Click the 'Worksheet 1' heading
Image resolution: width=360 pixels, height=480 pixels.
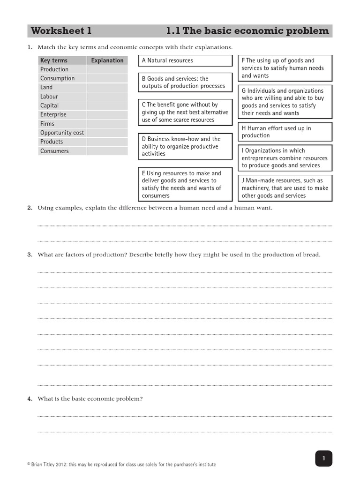tap(61, 31)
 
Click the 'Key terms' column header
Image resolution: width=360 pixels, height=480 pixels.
tap(54, 60)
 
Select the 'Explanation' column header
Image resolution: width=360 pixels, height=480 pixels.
tap(107, 60)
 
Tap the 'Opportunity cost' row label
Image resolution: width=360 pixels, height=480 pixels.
tap(62, 133)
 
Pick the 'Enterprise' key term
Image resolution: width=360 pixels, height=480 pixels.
tap(53, 114)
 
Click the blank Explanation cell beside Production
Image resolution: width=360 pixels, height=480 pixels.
tap(107, 69)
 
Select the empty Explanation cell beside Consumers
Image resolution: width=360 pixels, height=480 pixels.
tap(107, 151)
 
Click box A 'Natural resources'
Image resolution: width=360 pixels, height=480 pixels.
tap(185, 61)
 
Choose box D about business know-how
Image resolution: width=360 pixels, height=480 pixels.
tap(185, 146)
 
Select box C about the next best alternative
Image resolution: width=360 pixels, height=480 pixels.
tap(185, 112)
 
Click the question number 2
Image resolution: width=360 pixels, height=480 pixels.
tap(30, 208)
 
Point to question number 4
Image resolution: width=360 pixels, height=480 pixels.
tap(30, 399)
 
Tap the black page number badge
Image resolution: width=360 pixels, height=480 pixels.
tap(323, 458)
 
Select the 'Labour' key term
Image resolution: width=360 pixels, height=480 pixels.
tap(49, 97)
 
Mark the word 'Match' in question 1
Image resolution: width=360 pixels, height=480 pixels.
tap(46, 47)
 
